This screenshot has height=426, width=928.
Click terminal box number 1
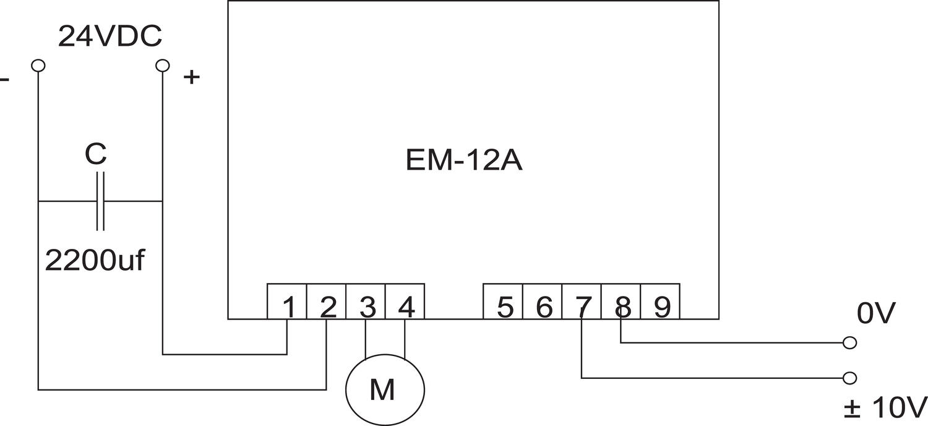[x=287, y=302]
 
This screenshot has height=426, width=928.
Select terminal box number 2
[x=327, y=302]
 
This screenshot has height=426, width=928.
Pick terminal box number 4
[x=405, y=302]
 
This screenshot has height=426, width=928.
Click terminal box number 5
[x=503, y=302]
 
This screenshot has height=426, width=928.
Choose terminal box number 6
[x=543, y=302]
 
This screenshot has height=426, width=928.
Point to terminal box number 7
[x=582, y=302]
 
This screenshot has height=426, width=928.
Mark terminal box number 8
[x=621, y=302]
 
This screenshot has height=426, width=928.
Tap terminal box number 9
[x=661, y=302]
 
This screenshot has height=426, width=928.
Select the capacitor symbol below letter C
[x=100, y=201]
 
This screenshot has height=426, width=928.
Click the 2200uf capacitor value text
[x=95, y=261]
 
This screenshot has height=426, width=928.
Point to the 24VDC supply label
[x=110, y=37]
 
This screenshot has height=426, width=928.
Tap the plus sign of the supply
[x=192, y=77]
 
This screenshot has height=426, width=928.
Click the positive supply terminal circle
[x=162, y=65]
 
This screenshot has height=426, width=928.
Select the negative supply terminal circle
[x=38, y=65]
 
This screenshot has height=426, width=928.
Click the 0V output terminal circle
[x=850, y=342]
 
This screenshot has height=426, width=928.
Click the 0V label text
[x=875, y=315]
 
